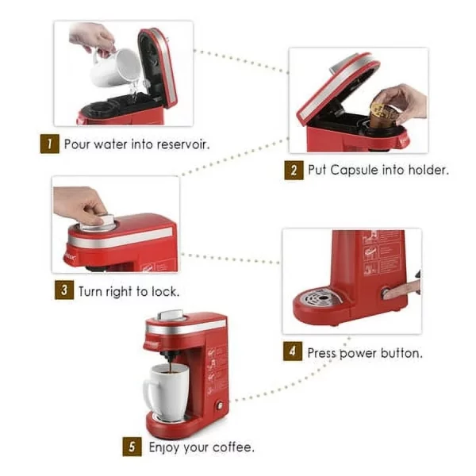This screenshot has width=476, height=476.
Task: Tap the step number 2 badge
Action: click(294, 171)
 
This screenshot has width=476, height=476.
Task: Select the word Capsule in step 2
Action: click(355, 171)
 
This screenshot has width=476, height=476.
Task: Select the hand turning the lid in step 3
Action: click(81, 205)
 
